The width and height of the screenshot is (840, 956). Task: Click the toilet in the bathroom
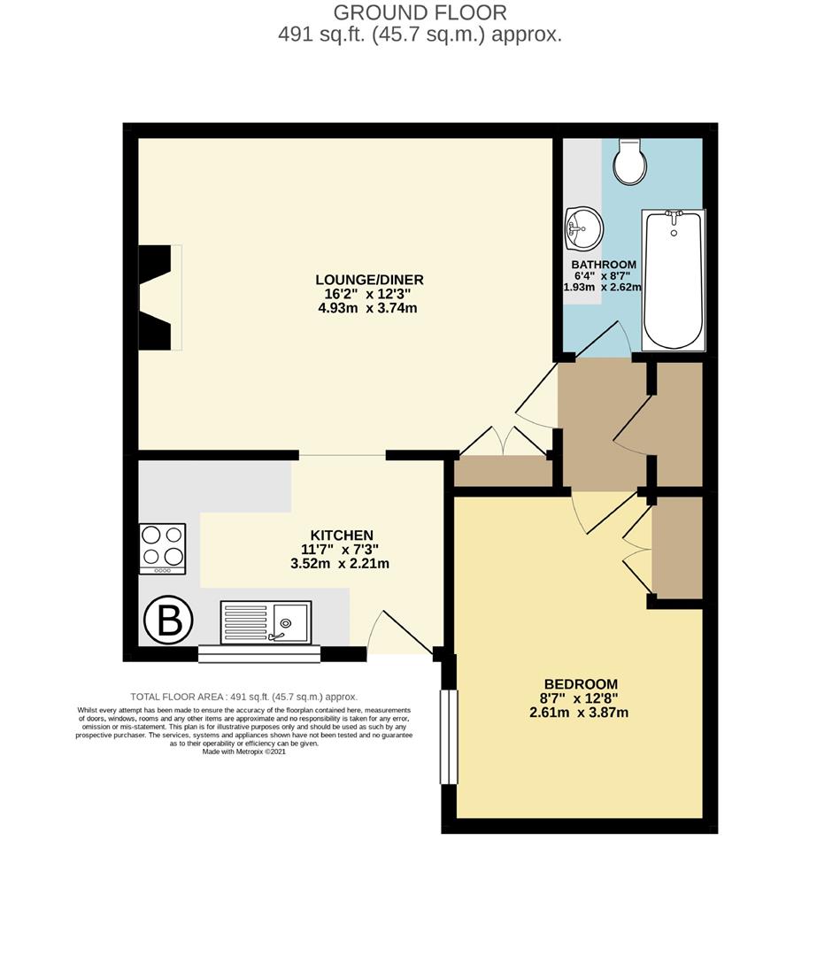coord(630,162)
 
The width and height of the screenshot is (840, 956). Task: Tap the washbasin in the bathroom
coord(582,229)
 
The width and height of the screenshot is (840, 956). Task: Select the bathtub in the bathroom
coord(674,280)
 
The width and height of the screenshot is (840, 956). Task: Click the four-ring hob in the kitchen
coord(163,548)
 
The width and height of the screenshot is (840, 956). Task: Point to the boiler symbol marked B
coord(168,622)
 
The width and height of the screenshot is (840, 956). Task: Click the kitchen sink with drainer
coord(266,622)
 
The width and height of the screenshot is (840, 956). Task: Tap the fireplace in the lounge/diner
coord(159,297)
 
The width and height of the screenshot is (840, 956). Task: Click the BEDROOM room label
coord(580,684)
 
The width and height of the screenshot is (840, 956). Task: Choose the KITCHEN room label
coord(341,536)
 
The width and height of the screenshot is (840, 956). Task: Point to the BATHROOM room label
coord(603,265)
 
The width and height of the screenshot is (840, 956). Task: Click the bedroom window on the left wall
coord(450,736)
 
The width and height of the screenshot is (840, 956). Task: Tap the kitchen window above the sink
coord(258,654)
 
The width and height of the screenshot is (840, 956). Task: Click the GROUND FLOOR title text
coord(420,12)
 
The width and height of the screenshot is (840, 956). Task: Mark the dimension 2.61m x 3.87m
coord(580,713)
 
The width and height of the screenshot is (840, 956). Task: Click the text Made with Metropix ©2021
coord(243,752)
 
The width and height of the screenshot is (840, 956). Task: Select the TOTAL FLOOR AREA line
coord(243,697)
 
